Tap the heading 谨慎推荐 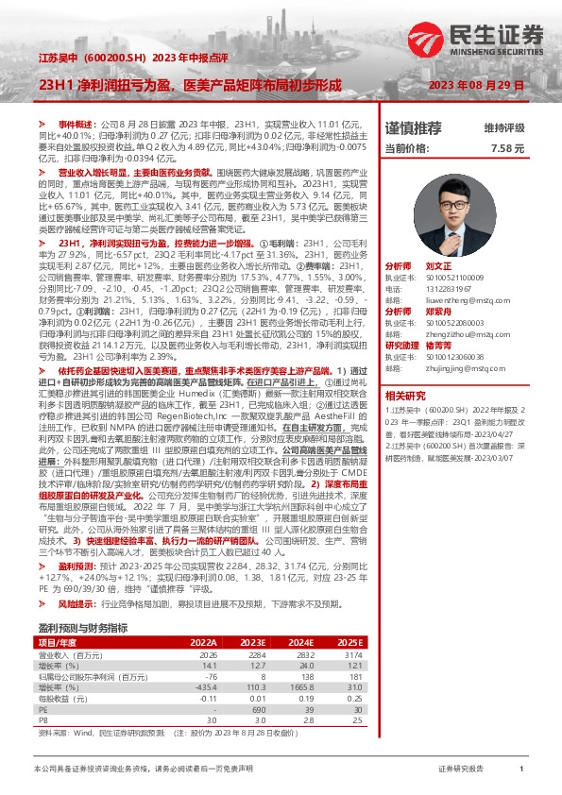413,127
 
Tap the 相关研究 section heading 408,395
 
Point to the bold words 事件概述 77,124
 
